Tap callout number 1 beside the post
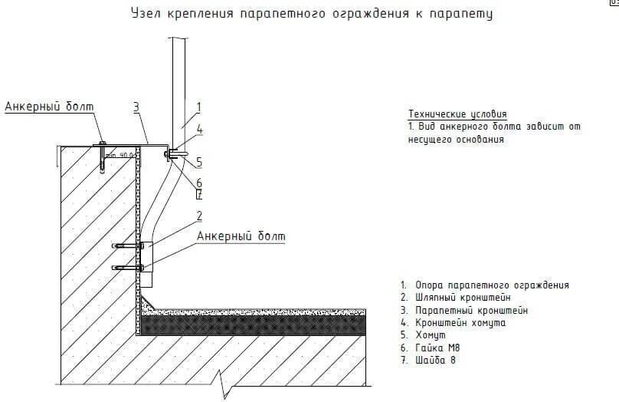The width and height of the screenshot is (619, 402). coord(198,107)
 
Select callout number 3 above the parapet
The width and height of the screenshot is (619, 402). coord(136,107)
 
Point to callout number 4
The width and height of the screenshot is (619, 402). coord(198,130)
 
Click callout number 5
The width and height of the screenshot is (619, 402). coord(198,162)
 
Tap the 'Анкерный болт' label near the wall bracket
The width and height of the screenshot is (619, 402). coord(241,236)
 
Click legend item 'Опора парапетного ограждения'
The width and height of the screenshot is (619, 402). coord(484,285)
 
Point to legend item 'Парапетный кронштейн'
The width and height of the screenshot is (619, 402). coord(463,310)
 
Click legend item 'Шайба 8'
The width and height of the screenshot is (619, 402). coord(432,361)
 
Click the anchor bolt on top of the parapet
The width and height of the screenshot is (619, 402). coord(102,156)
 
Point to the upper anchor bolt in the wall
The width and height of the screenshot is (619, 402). coord(127,245)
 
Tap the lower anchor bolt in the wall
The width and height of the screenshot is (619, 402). coord(127,268)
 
